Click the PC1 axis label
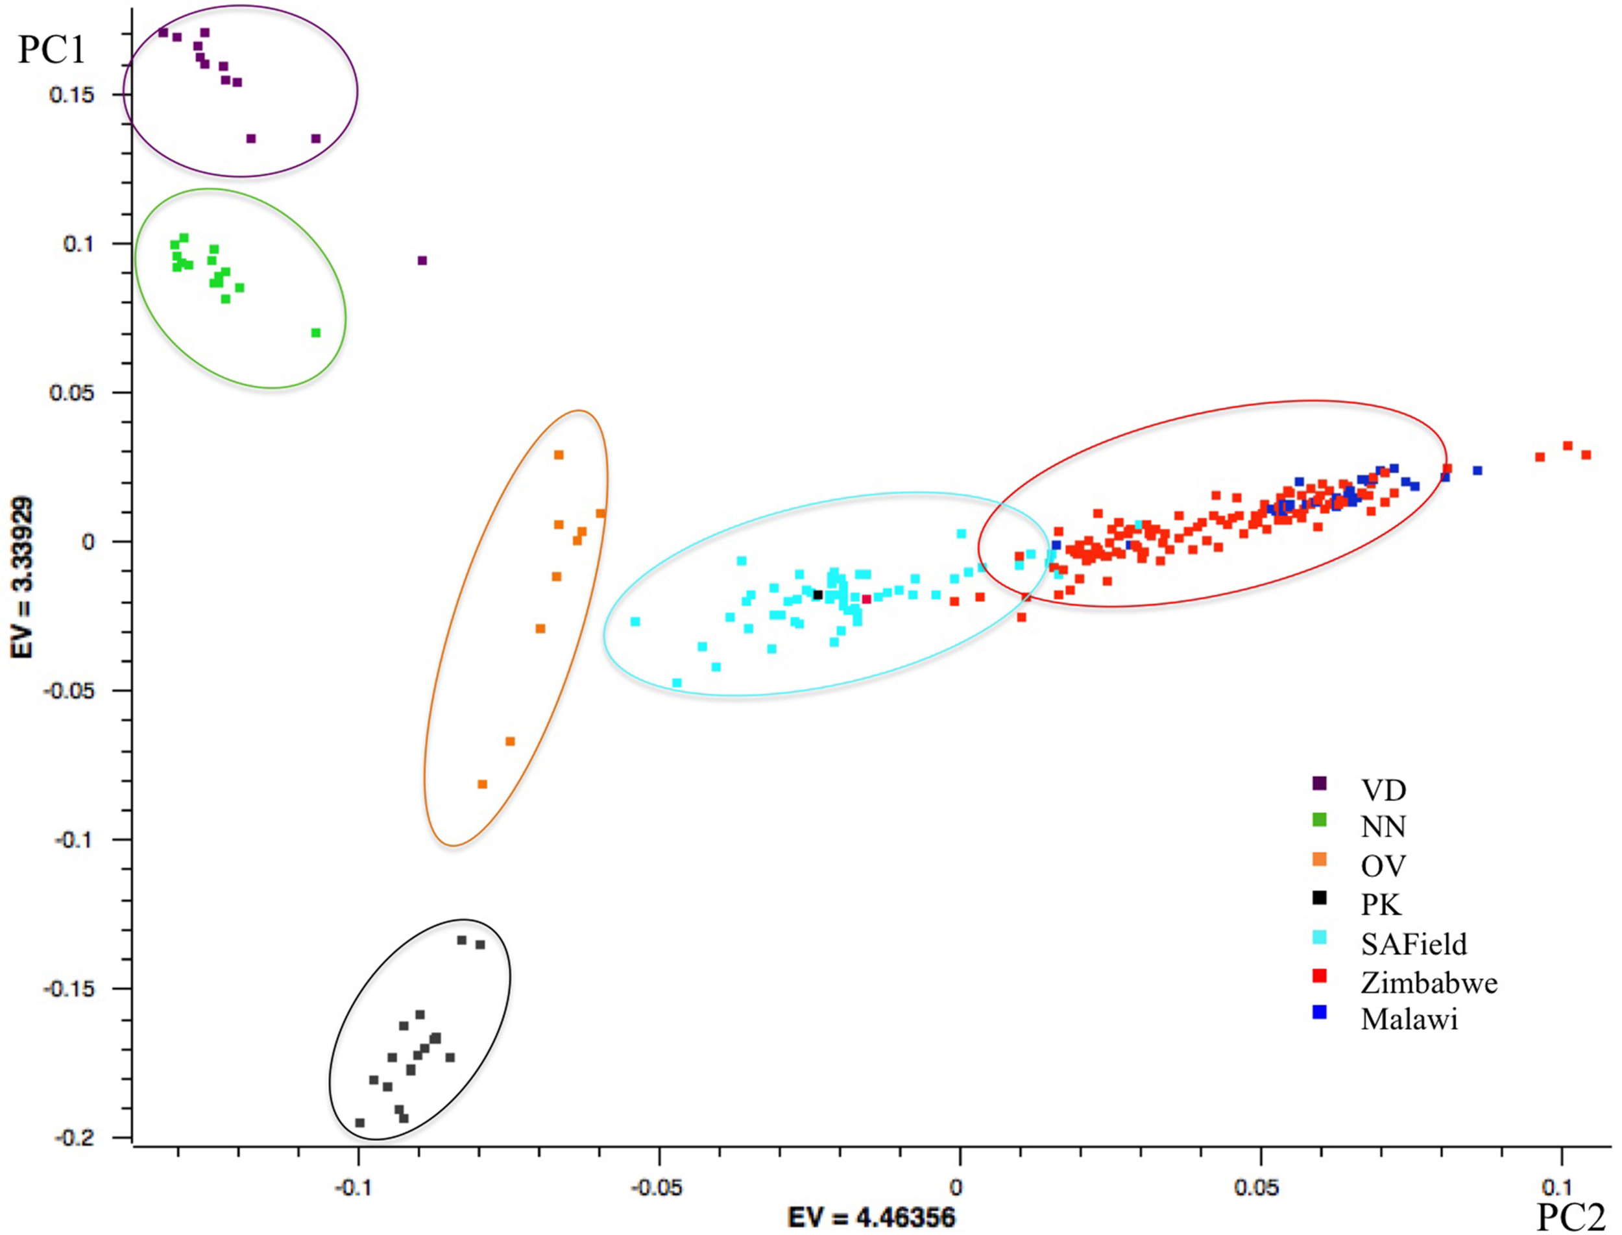click(x=51, y=50)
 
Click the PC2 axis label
click(x=1571, y=1216)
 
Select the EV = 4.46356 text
click(x=871, y=1217)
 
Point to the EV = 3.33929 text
click(x=23, y=577)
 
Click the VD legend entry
click(x=1383, y=790)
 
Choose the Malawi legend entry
click(x=1409, y=1019)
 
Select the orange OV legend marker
click(x=1320, y=859)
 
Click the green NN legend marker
click(x=1320, y=820)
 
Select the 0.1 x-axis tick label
click(x=1558, y=1187)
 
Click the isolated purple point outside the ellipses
click(x=422, y=260)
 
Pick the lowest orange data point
click(x=482, y=784)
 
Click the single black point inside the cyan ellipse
click(x=817, y=595)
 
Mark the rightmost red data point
click(x=1586, y=455)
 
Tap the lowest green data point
click(x=316, y=333)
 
